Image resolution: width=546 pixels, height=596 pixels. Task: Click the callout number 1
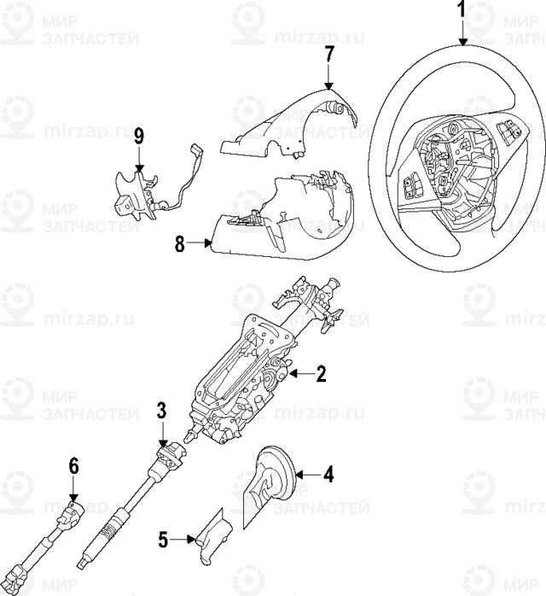[x=462, y=10]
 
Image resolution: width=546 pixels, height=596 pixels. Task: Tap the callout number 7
[x=328, y=56]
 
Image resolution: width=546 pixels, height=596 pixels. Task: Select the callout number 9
[x=139, y=137]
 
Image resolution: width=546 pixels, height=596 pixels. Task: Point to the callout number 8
[x=180, y=244]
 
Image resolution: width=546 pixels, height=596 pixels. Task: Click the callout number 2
[x=322, y=374]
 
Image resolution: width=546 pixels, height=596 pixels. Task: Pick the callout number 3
[x=162, y=411]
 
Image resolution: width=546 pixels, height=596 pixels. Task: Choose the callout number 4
[x=328, y=475]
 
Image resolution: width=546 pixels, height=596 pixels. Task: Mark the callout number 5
[x=163, y=540]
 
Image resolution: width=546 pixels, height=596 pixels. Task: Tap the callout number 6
[x=73, y=466]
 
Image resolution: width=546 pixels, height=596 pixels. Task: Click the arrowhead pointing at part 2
[x=293, y=374]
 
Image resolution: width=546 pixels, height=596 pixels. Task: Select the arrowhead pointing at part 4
[x=299, y=475]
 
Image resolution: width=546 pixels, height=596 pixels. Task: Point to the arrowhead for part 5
[x=192, y=540]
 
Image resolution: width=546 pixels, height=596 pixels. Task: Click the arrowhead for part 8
[x=208, y=242]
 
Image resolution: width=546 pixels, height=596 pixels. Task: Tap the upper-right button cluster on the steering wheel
[x=508, y=129]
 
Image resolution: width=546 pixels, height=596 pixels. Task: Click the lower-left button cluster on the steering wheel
[x=411, y=185]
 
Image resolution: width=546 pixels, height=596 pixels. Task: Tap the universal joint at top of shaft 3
[x=171, y=453]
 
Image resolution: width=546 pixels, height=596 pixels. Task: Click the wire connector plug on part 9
[x=197, y=149]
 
